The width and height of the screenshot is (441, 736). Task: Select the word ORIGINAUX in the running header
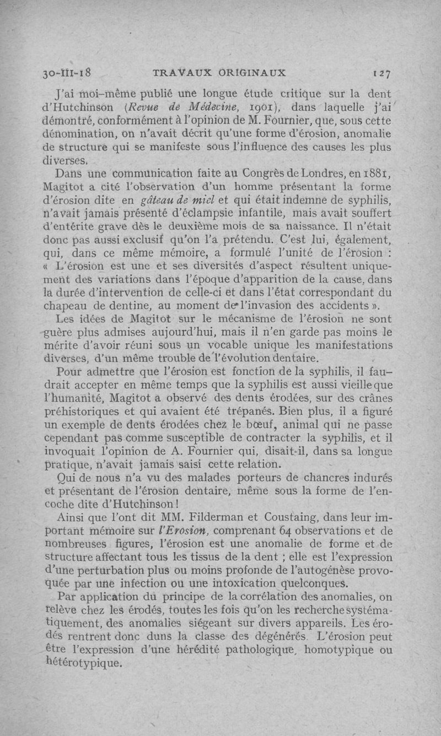[252, 72]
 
